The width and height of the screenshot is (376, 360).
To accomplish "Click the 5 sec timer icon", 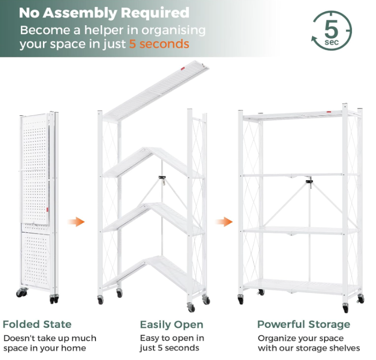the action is [x=331, y=31].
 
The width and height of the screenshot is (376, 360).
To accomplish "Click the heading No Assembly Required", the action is [x=104, y=13].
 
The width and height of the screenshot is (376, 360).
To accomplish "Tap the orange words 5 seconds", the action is [x=159, y=44].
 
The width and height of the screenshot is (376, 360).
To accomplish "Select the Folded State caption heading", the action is [x=37, y=324].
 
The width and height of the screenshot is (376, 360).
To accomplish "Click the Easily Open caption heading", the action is [x=172, y=325].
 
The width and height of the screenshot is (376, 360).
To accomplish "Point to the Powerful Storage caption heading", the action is [x=304, y=325].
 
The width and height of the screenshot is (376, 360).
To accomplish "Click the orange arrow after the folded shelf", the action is [x=76, y=222].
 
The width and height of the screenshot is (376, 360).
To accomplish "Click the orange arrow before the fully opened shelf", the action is [x=224, y=222].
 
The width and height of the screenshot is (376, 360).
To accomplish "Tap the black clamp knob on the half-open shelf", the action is [x=163, y=178].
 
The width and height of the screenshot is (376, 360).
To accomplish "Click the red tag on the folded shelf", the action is [x=47, y=209].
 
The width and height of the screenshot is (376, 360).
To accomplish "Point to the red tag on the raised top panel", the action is [x=183, y=69].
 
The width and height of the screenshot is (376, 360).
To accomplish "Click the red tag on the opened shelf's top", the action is [x=328, y=112].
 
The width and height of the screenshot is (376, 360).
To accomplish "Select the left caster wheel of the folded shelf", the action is [x=21, y=292].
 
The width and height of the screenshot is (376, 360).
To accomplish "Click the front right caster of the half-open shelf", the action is [x=191, y=307].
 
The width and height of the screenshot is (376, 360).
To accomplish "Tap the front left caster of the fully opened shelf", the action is [x=241, y=299].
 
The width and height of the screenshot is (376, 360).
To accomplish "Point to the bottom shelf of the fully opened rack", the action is [x=301, y=286].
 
